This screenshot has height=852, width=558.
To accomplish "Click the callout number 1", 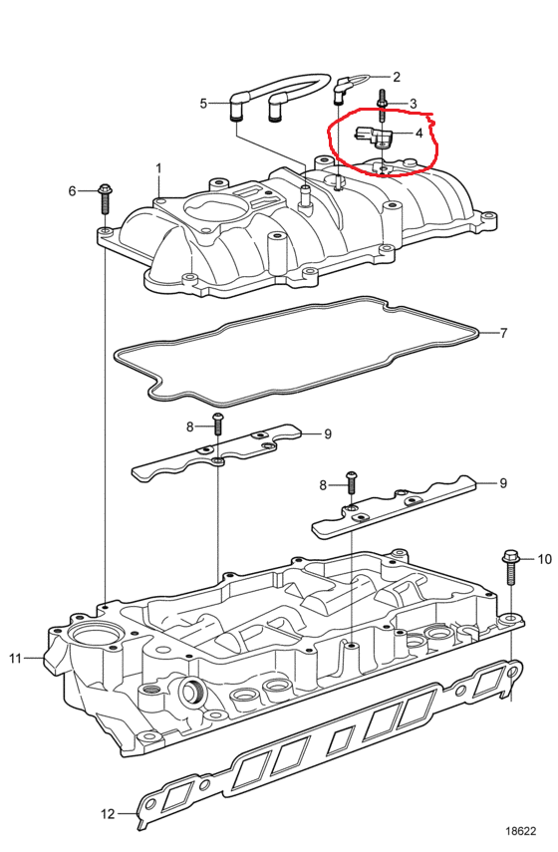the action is click(x=158, y=168).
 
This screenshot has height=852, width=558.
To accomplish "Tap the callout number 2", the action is click(x=397, y=77).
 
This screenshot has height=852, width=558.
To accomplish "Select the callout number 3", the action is click(x=413, y=104).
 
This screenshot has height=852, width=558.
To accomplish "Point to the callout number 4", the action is click(x=418, y=133).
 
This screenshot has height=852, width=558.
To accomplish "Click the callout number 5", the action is click(x=203, y=104).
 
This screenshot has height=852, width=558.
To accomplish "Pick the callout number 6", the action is click(x=73, y=190).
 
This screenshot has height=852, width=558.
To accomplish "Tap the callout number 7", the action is click(x=503, y=333).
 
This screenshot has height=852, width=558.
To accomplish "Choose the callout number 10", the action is click(x=544, y=559).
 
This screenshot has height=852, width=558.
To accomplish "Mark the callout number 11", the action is click(x=15, y=658).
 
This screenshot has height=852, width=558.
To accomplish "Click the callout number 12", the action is click(x=108, y=813).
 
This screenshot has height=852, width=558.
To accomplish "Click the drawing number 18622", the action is click(x=520, y=831).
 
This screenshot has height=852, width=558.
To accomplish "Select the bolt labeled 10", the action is click(x=510, y=567).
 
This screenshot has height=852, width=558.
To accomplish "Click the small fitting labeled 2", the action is click(x=341, y=90).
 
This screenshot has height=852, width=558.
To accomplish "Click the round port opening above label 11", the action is click(x=90, y=636).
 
